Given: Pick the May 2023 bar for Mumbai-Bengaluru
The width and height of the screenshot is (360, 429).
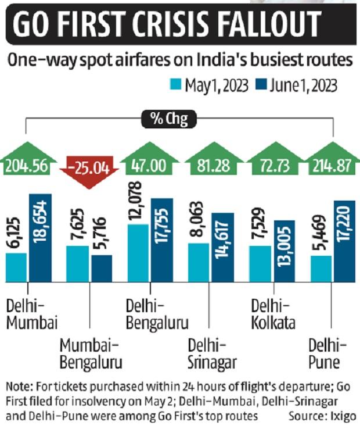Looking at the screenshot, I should [78, 263].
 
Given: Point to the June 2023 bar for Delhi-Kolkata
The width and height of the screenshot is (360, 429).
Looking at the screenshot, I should [284, 251].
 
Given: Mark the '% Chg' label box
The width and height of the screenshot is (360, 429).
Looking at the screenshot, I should [168, 120].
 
